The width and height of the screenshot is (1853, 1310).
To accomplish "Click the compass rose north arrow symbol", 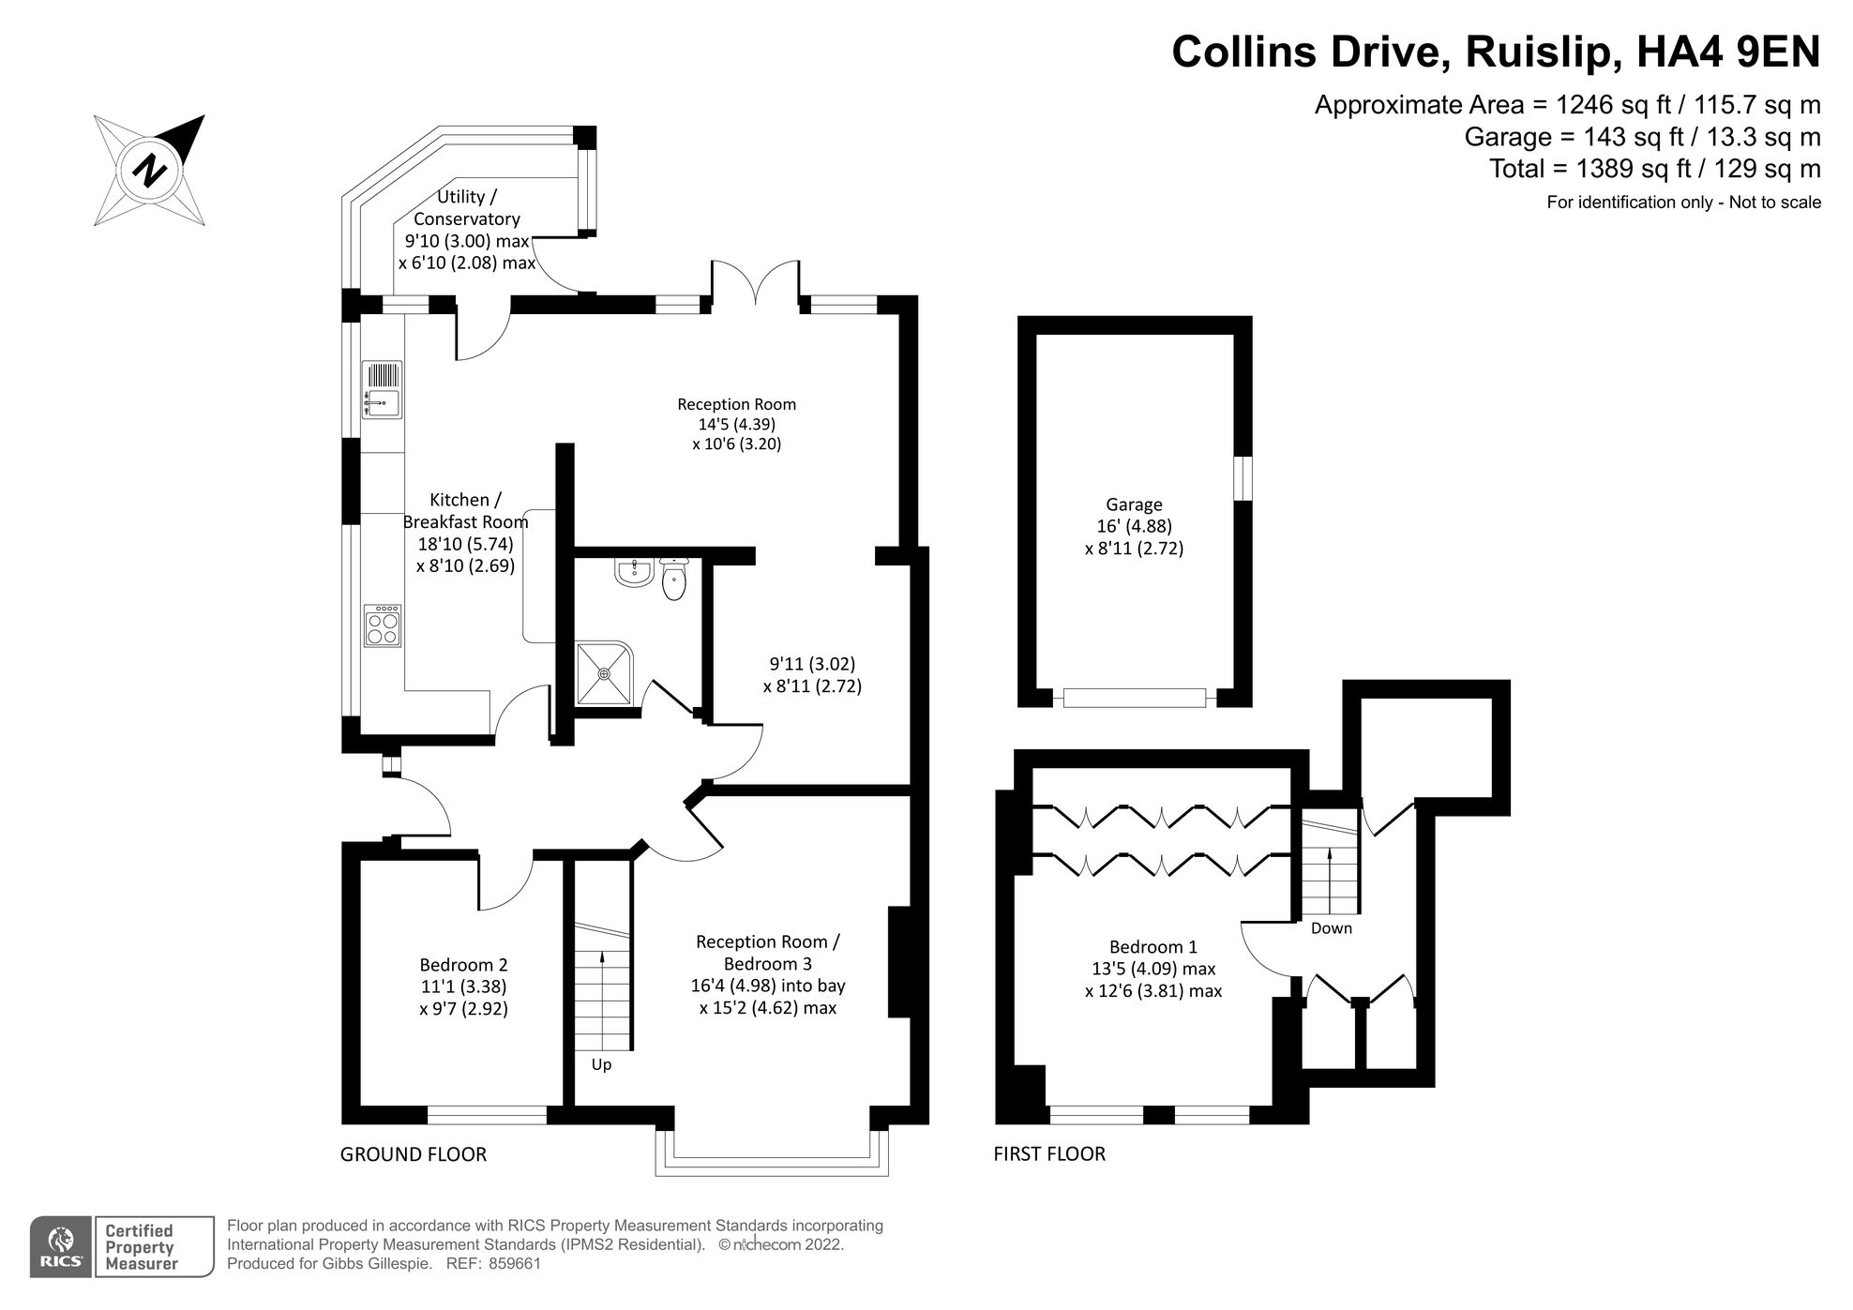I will point(150,171).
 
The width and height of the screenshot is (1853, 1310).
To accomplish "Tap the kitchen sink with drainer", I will point(382,390).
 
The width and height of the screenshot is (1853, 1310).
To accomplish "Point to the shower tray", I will point(605,673).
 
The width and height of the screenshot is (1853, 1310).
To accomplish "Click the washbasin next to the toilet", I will point(635,571).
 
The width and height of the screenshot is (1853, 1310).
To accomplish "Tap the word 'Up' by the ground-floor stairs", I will point(601,1064).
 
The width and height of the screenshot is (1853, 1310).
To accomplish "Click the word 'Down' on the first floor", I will point(1331,927).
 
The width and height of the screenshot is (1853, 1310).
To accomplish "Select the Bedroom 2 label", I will point(463,964).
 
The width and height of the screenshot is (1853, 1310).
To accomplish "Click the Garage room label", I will point(1134,504).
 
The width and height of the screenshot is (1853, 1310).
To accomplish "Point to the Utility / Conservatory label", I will point(467,207).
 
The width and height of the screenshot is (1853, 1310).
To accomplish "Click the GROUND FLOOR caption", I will point(413,1154).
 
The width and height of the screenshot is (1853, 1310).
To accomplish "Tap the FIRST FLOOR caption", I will point(1049,1154).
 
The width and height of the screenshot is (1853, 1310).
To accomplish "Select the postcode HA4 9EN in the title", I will point(1727,53).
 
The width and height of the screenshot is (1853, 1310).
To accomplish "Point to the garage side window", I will point(1243,477).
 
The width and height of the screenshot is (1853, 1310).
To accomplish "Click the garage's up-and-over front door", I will point(1134,698).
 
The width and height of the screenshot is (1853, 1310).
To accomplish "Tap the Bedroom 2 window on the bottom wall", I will point(487,1114).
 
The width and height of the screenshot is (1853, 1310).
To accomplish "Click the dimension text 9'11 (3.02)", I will point(812,664).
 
